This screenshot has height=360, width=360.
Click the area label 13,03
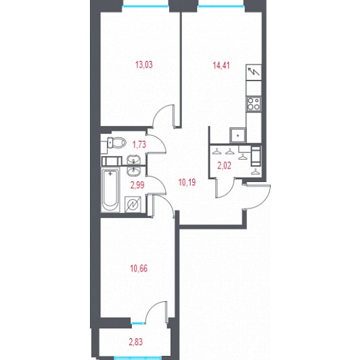tap(144, 65)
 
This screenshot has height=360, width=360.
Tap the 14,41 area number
tap(221, 66)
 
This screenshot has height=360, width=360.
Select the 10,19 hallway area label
tap(187, 183)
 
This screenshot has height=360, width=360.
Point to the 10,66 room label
tap(139, 269)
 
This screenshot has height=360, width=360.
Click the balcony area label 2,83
tap(136, 342)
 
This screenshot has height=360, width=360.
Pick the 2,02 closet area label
tap(224, 166)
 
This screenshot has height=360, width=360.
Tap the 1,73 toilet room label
tap(139, 145)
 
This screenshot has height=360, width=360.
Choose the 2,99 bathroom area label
tap(137, 185)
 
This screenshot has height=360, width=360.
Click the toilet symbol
tap(116, 143)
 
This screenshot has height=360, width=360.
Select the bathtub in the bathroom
tap(110, 190)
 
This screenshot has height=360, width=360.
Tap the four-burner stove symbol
tap(254, 104)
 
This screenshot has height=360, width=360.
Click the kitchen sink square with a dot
tap(238, 135)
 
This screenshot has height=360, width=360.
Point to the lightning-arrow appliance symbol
tap(254, 72)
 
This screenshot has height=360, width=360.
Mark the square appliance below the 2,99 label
tap(133, 204)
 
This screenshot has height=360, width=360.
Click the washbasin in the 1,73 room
tap(133, 160)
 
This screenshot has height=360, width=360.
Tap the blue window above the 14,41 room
tap(221, 7)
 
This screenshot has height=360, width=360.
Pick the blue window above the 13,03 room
tap(145, 7)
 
